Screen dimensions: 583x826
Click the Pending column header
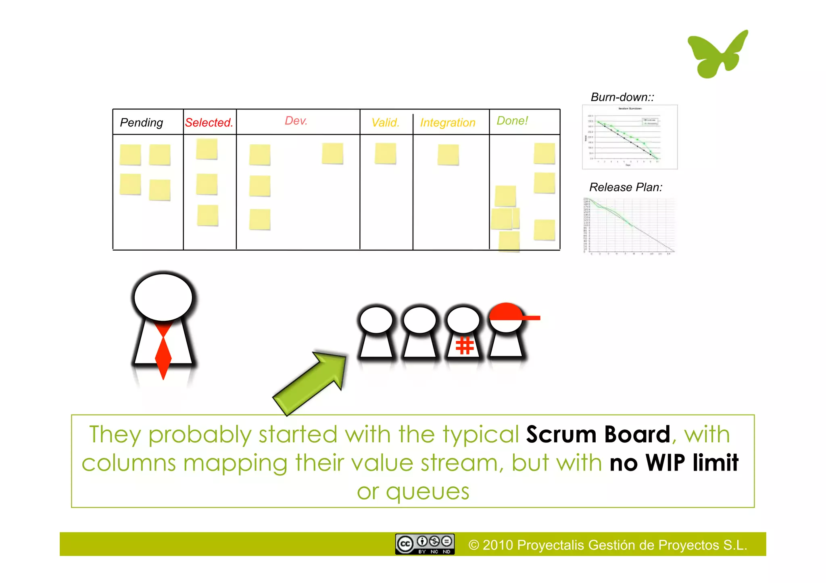tap(142, 122)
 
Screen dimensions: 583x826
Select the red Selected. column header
tap(209, 122)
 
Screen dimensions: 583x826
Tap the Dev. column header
tap(296, 120)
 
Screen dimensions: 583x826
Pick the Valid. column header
tap(385, 122)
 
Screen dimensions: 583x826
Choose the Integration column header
tap(448, 122)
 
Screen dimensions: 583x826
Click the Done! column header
tap(512, 120)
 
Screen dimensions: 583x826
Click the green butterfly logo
tap(717, 54)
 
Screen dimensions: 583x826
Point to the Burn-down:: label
tap(622, 97)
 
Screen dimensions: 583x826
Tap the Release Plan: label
tap(626, 187)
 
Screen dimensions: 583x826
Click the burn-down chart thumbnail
tap(630, 137)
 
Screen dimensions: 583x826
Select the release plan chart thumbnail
tap(629, 226)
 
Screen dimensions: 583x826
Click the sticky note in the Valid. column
tap(385, 154)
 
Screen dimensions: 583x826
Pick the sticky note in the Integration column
tap(448, 155)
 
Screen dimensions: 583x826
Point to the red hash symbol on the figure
tap(464, 346)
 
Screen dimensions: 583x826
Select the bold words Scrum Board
tap(598, 434)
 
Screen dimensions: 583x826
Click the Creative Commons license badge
tap(425, 544)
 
